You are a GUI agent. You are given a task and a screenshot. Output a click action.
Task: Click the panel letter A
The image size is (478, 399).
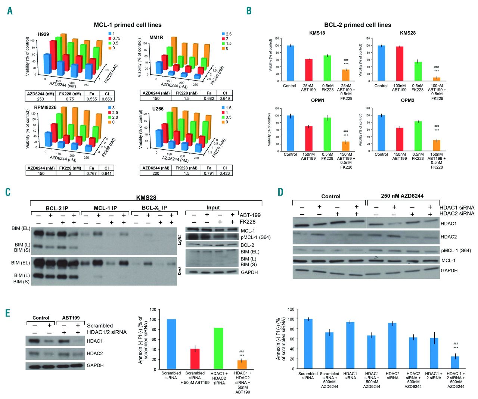point(10,10)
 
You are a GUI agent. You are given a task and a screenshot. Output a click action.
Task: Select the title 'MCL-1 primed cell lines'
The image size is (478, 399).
point(127,25)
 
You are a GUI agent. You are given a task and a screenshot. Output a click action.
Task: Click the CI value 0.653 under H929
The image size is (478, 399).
point(107,99)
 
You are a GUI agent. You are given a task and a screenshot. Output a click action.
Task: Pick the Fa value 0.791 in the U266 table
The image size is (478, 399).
point(209,173)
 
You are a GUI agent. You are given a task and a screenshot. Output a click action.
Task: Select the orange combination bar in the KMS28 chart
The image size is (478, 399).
point(437,79)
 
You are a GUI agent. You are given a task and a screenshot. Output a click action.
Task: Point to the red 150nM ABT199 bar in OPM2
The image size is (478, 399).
point(400,139)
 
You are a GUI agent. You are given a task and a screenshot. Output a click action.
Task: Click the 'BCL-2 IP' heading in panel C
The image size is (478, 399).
point(57,208)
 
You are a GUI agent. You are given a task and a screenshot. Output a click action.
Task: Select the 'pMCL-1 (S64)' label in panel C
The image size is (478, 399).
point(256,237)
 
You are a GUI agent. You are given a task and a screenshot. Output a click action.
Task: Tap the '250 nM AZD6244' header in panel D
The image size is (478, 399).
point(402,196)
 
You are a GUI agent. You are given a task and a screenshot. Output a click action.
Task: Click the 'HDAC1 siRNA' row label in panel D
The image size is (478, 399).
point(457,208)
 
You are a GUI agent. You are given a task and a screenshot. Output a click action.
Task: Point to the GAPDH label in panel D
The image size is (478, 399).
point(449,270)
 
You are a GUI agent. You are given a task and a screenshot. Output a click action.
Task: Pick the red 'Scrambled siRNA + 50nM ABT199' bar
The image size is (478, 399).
point(195,359)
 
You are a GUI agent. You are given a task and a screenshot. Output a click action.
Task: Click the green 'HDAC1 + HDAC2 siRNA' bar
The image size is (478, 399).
point(219,349)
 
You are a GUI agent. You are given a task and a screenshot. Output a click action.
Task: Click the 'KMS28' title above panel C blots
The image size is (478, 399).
point(146,198)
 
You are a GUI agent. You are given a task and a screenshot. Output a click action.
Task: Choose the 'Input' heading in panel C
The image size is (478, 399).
point(213,208)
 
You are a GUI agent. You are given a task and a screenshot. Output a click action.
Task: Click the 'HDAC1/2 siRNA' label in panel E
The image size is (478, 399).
point(106,332)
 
